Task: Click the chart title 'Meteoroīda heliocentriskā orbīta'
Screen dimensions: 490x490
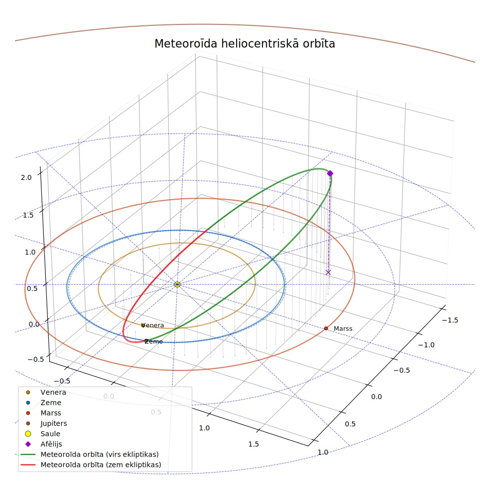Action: coord(245,43)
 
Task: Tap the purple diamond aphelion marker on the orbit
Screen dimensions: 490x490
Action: coord(330,173)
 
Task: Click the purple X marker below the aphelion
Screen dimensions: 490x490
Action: coord(328,272)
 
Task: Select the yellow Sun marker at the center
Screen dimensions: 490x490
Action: coord(177,284)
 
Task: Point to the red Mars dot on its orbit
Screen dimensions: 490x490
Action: coord(326,328)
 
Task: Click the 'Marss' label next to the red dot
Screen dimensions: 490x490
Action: coord(343,329)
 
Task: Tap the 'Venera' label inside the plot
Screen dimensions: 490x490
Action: coord(153,325)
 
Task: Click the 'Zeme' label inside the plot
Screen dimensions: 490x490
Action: coord(153,342)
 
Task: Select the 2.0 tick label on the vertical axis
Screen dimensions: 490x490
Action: coord(26,177)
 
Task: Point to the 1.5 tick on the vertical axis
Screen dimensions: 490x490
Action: coord(28,215)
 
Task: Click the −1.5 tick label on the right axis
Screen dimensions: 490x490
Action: coord(450,320)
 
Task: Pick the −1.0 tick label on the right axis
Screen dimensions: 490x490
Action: coord(426,345)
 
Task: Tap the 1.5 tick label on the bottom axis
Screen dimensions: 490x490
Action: coord(253,444)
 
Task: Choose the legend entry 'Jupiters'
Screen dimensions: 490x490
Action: coord(54,423)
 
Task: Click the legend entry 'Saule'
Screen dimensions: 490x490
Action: coord(50,434)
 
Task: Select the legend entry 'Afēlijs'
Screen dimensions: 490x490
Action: coord(51,444)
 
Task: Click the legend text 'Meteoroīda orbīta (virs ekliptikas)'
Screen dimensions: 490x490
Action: coord(100,454)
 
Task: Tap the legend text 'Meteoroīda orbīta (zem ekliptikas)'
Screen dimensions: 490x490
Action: coord(101,465)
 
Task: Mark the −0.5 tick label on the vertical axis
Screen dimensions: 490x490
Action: coord(36,360)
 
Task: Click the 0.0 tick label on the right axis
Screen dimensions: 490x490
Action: coord(376,397)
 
